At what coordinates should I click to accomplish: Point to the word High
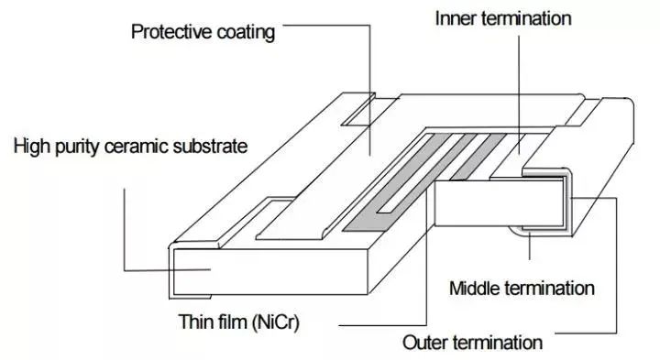click(32, 147)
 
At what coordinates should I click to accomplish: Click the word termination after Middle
click(549, 289)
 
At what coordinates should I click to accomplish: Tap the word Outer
click(424, 343)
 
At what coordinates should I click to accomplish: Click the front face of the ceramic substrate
click(270, 271)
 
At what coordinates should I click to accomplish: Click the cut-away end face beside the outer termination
click(499, 202)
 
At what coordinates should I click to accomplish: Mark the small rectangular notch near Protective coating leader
click(358, 109)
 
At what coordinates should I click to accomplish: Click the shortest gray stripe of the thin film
click(478, 157)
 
